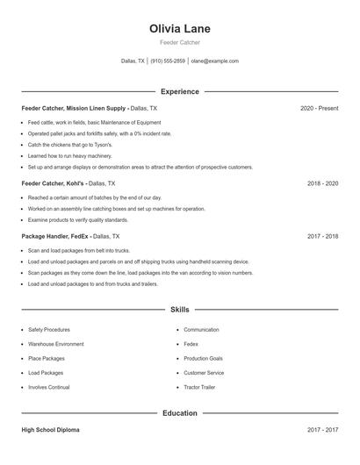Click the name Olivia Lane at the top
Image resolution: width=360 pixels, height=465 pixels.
point(179,28)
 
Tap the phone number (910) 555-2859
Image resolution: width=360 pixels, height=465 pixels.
point(168,61)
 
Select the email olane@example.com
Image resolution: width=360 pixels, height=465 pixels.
point(214,61)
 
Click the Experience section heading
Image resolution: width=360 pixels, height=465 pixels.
point(179,91)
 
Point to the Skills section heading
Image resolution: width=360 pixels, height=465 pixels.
point(179,310)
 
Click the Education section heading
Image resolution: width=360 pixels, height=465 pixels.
point(179,412)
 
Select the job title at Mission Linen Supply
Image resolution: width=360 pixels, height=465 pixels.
point(75,108)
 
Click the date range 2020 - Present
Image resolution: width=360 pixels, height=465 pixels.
point(319,108)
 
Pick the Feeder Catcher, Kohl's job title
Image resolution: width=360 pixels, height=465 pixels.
point(53,183)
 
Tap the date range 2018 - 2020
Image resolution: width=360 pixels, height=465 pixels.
point(322,183)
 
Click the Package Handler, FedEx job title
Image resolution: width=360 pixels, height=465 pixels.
point(55,236)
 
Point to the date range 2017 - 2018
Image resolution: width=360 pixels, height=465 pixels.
point(322,236)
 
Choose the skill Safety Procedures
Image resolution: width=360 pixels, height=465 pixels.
point(49,330)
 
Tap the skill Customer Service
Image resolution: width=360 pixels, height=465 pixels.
point(204,373)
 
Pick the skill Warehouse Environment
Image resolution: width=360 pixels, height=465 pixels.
point(56,344)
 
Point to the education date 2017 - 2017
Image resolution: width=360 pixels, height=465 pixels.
point(322,430)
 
